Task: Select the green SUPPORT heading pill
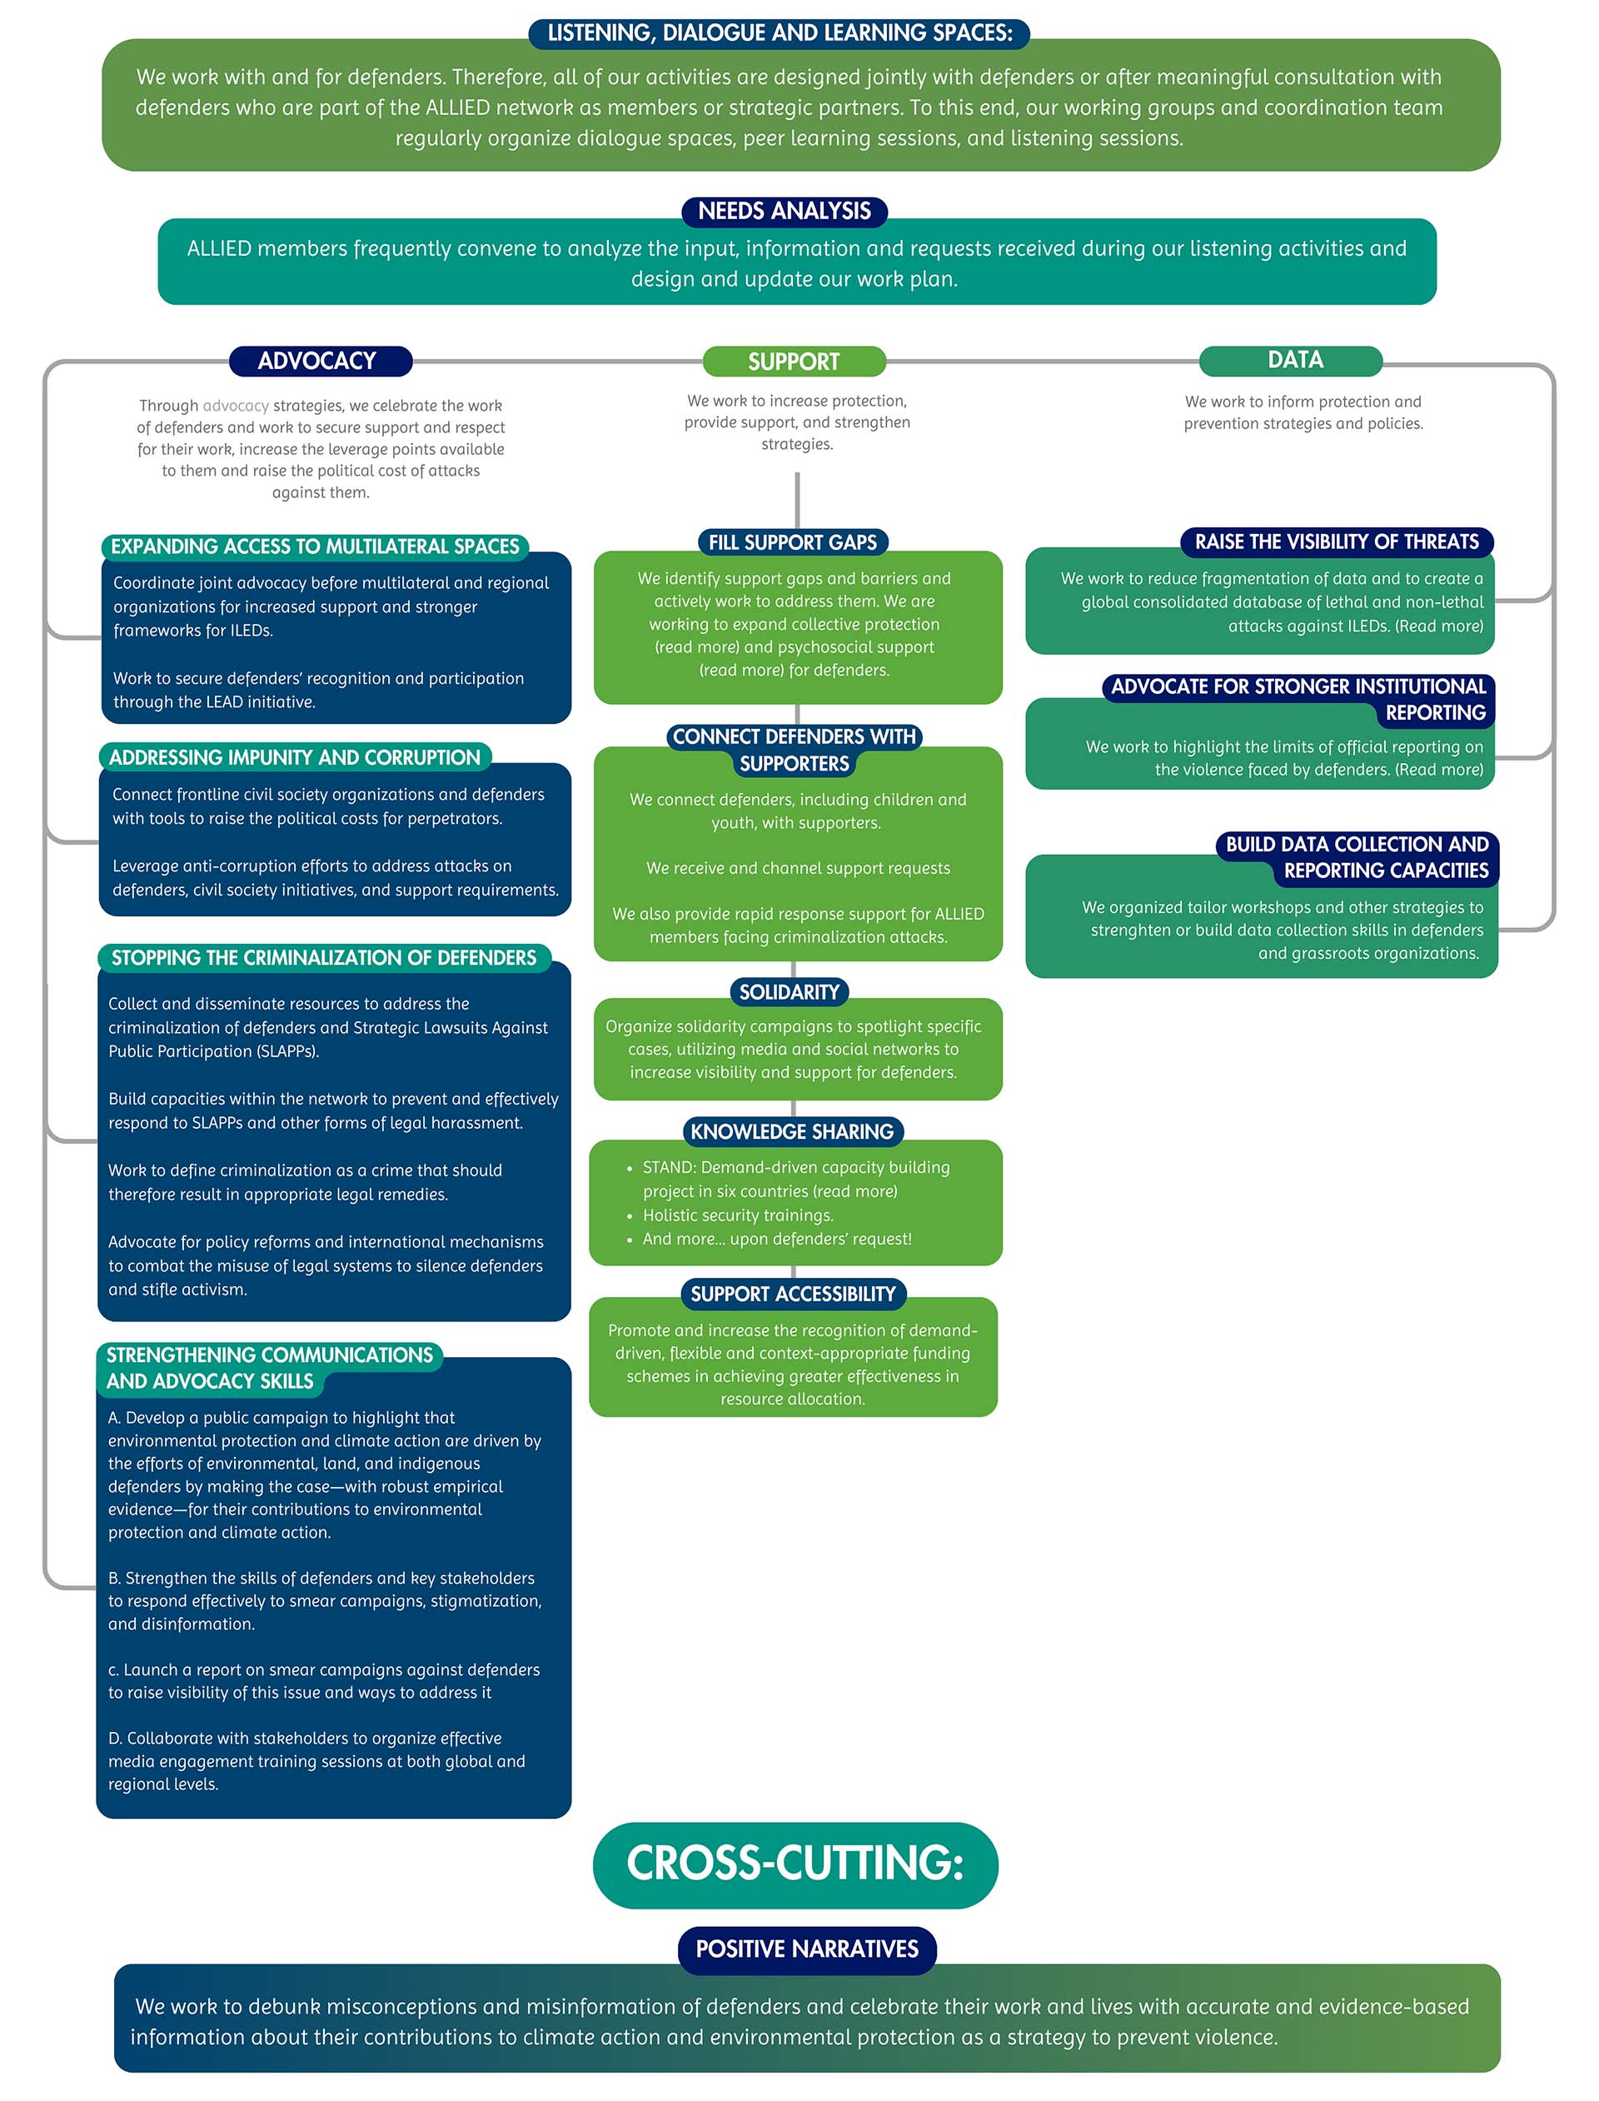(x=794, y=362)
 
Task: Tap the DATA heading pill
(x=1294, y=360)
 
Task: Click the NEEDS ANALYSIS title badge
(x=785, y=212)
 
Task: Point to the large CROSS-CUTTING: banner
(x=795, y=1864)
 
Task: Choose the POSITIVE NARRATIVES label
(x=806, y=1949)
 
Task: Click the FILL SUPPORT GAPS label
(x=792, y=542)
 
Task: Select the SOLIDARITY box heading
(x=789, y=992)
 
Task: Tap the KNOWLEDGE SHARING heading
(x=792, y=1131)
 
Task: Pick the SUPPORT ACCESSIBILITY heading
(x=793, y=1294)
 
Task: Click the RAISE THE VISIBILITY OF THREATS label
(x=1337, y=541)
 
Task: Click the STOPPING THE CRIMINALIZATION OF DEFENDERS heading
(x=324, y=958)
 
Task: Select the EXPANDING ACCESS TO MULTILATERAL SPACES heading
(x=315, y=546)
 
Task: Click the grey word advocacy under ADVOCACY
(x=236, y=406)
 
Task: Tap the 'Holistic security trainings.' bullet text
(x=738, y=1215)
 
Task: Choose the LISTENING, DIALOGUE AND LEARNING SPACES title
(x=780, y=33)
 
